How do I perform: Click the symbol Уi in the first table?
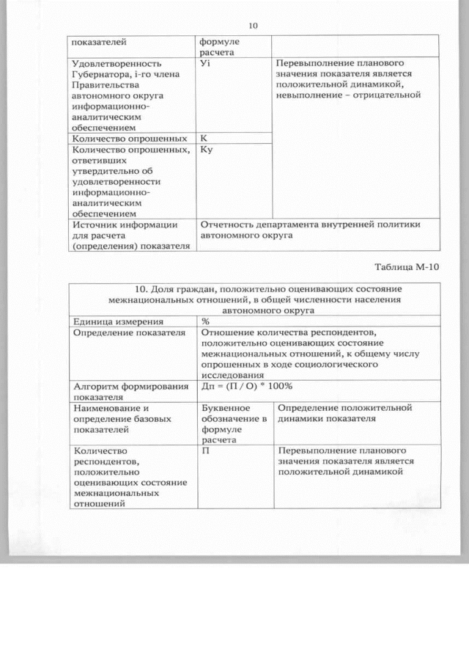click(205, 64)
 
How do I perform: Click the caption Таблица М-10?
click(407, 266)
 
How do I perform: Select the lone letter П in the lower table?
click(206, 450)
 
